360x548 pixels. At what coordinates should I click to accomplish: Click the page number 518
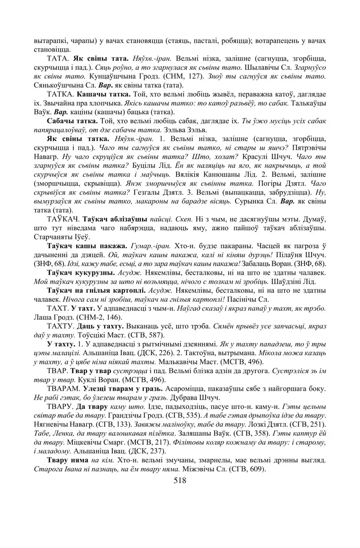(180, 480)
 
